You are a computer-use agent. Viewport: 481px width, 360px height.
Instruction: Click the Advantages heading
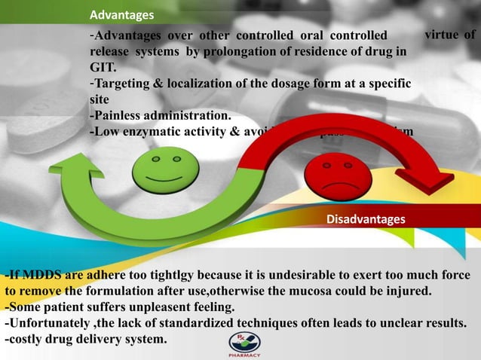[x=121, y=15]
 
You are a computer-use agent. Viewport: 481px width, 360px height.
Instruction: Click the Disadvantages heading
[x=365, y=219]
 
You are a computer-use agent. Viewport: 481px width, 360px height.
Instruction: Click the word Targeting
[x=124, y=84]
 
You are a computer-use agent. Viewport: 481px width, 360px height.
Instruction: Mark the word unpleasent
[x=167, y=307]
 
